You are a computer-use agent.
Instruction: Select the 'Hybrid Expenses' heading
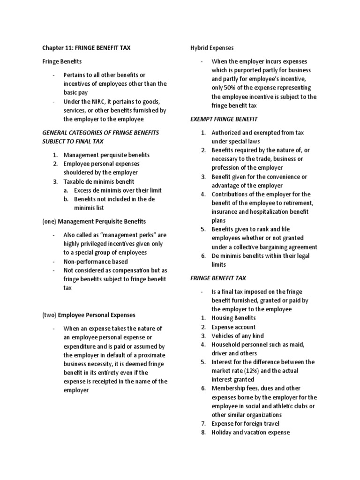click(212, 48)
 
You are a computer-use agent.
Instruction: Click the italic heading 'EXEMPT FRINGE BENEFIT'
click(224, 119)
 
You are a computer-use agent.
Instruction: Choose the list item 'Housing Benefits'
click(233, 318)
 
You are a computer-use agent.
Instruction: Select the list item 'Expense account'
click(233, 327)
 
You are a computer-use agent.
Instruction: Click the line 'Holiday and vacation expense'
click(250, 432)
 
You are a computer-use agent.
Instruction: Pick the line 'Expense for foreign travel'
click(246, 423)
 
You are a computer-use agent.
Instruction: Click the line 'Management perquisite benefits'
click(107, 155)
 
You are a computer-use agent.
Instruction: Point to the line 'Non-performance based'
click(96, 262)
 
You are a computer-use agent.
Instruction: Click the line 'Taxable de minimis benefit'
click(99, 181)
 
